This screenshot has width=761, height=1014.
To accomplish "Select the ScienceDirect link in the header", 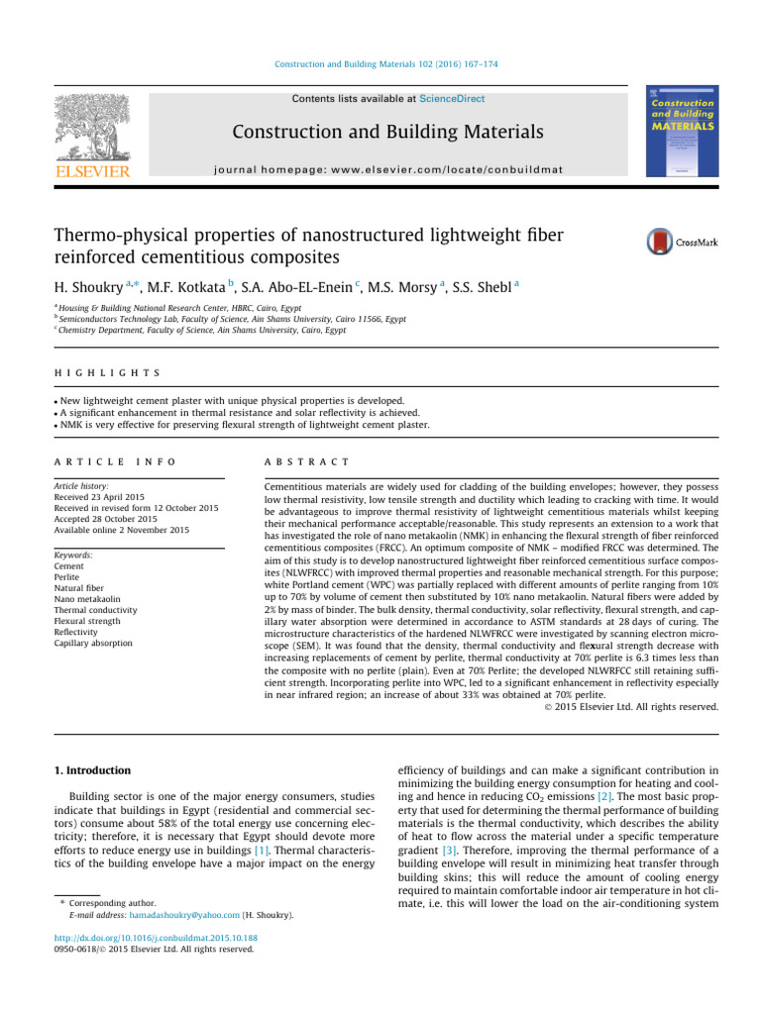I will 452,99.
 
